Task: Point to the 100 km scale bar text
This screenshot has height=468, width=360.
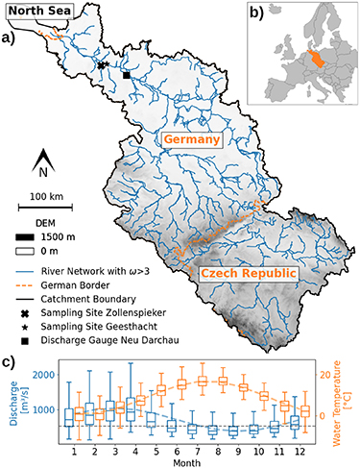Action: click(x=42, y=196)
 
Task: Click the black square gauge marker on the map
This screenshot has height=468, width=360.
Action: click(x=127, y=75)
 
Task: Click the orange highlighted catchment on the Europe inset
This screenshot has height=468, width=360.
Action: click(x=310, y=55)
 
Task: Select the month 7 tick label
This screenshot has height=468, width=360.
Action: click(x=198, y=449)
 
